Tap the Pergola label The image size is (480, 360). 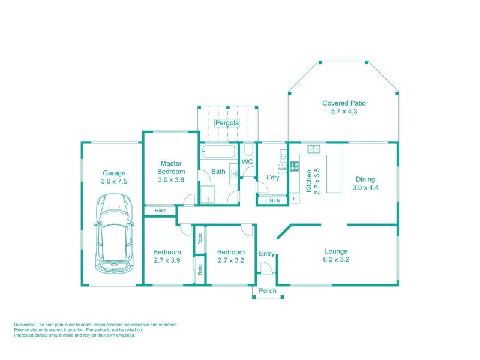pos(227,123)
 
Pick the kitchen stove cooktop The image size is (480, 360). pos(295,166)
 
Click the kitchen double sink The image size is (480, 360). pos(314,148)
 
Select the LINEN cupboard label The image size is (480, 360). pos(272,200)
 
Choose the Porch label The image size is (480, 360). pos(268,291)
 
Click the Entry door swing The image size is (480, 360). pos(268,268)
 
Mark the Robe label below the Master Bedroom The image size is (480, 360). pos(160,211)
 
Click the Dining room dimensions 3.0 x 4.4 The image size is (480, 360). pos(365,188)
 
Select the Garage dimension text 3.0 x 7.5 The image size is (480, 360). pos(114,181)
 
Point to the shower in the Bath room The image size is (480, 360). pos(207,194)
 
